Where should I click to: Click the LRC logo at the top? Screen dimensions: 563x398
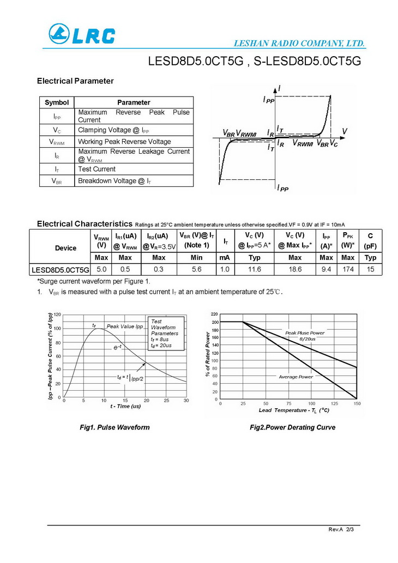[82, 34]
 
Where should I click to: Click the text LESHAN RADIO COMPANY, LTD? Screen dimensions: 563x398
[299, 43]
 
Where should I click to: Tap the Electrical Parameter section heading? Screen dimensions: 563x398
[75, 81]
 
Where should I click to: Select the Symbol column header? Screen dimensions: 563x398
[57, 102]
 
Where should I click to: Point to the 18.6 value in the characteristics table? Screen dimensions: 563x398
[295, 269]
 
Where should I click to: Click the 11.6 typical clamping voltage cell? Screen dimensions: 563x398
[254, 269]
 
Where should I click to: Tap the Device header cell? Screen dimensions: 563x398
[66, 248]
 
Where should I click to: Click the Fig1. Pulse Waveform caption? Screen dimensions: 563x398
[114, 427]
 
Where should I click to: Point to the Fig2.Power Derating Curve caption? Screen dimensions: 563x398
[292, 427]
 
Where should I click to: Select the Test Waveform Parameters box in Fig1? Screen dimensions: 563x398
[165, 334]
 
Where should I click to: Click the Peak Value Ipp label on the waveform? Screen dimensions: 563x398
[124, 326]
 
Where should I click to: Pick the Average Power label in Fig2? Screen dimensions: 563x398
[296, 377]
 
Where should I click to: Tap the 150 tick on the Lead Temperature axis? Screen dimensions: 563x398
[357, 404]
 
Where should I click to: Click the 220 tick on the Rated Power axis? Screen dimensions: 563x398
[214, 314]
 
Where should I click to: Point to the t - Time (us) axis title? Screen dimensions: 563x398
[125, 406]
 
